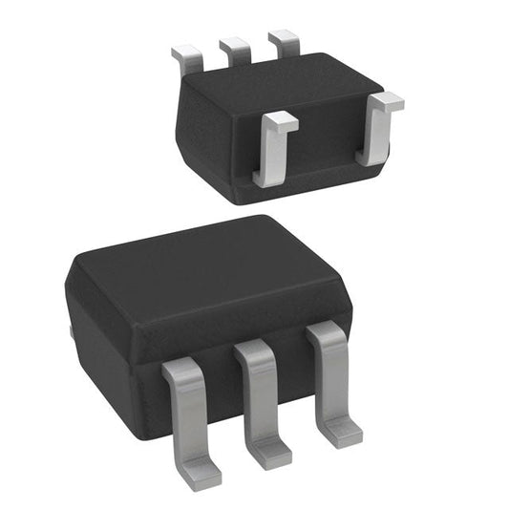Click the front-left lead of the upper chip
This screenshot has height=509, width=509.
(x=271, y=153)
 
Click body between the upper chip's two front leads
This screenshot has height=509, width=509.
(x=325, y=143)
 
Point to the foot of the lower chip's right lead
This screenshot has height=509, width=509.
(x=342, y=435)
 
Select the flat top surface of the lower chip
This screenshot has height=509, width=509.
(x=205, y=277)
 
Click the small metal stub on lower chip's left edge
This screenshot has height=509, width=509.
(x=72, y=333)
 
